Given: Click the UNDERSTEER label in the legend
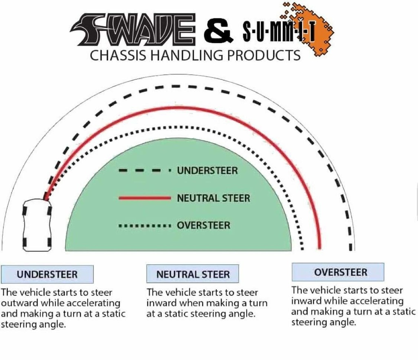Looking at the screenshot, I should [207, 171].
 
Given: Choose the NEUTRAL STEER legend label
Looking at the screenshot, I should [213, 198].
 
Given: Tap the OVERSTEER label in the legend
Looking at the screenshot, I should [203, 225].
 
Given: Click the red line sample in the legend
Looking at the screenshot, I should [145, 198].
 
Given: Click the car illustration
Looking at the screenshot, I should [37, 225].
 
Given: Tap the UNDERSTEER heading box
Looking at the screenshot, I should [47, 274].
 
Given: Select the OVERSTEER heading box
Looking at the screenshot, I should [338, 272].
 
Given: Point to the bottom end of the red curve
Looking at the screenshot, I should [320, 247].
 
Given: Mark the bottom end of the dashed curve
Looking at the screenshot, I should [351, 248].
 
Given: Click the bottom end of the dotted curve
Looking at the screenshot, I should [302, 248].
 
